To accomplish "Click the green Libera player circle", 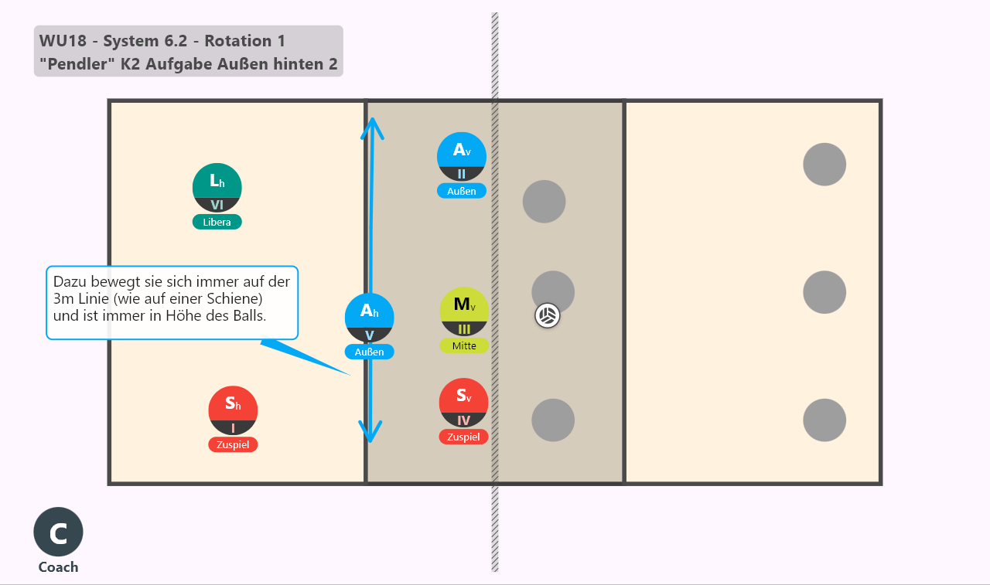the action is click(x=217, y=188).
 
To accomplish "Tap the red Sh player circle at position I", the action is click(x=233, y=410).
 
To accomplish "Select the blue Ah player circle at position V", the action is click(x=370, y=318).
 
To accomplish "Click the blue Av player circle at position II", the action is click(x=462, y=157).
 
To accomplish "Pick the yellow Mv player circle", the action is click(x=464, y=311).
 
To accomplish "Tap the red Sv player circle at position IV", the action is click(x=463, y=403).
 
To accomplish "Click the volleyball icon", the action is click(x=547, y=315).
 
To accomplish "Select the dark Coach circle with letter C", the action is click(x=58, y=532).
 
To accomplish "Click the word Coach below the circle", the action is click(x=58, y=567).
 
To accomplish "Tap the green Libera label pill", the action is click(x=217, y=222).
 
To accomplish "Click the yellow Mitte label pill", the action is click(x=464, y=345).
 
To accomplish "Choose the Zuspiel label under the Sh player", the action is click(x=233, y=444).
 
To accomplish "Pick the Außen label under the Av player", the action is click(x=462, y=191).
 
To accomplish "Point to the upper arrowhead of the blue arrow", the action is click(x=373, y=119).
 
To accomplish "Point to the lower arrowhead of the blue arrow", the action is click(x=370, y=441).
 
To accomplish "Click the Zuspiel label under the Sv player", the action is click(x=463, y=437).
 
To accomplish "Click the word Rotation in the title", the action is click(x=238, y=41).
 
